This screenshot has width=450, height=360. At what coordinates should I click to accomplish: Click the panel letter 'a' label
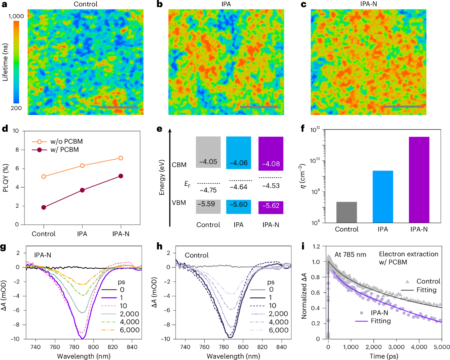5,5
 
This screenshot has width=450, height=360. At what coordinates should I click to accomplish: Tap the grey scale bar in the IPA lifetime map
259,107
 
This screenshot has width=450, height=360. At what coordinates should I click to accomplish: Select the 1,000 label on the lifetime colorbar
16,16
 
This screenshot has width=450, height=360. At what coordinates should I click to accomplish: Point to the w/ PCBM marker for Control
44,207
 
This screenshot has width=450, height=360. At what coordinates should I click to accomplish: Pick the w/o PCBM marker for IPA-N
121,158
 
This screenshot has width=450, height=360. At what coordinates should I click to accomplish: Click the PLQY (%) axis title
5,178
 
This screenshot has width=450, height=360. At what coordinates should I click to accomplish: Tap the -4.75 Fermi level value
208,190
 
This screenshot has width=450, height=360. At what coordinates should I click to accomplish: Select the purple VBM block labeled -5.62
271,207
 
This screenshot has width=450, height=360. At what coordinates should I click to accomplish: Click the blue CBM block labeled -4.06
239,153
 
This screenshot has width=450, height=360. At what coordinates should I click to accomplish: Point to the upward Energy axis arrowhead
170,131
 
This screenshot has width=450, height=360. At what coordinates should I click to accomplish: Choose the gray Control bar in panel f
347,212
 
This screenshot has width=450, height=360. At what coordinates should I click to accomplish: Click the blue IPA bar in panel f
383,196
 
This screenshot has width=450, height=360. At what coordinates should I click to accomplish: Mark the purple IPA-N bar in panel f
419,179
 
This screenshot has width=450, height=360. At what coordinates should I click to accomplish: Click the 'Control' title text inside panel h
196,255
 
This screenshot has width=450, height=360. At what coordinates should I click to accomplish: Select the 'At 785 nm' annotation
350,255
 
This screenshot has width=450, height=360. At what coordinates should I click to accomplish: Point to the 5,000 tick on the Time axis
442,347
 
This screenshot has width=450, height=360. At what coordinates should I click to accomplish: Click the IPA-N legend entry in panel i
379,313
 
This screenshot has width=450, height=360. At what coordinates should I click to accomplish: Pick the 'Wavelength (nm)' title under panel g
84,356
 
